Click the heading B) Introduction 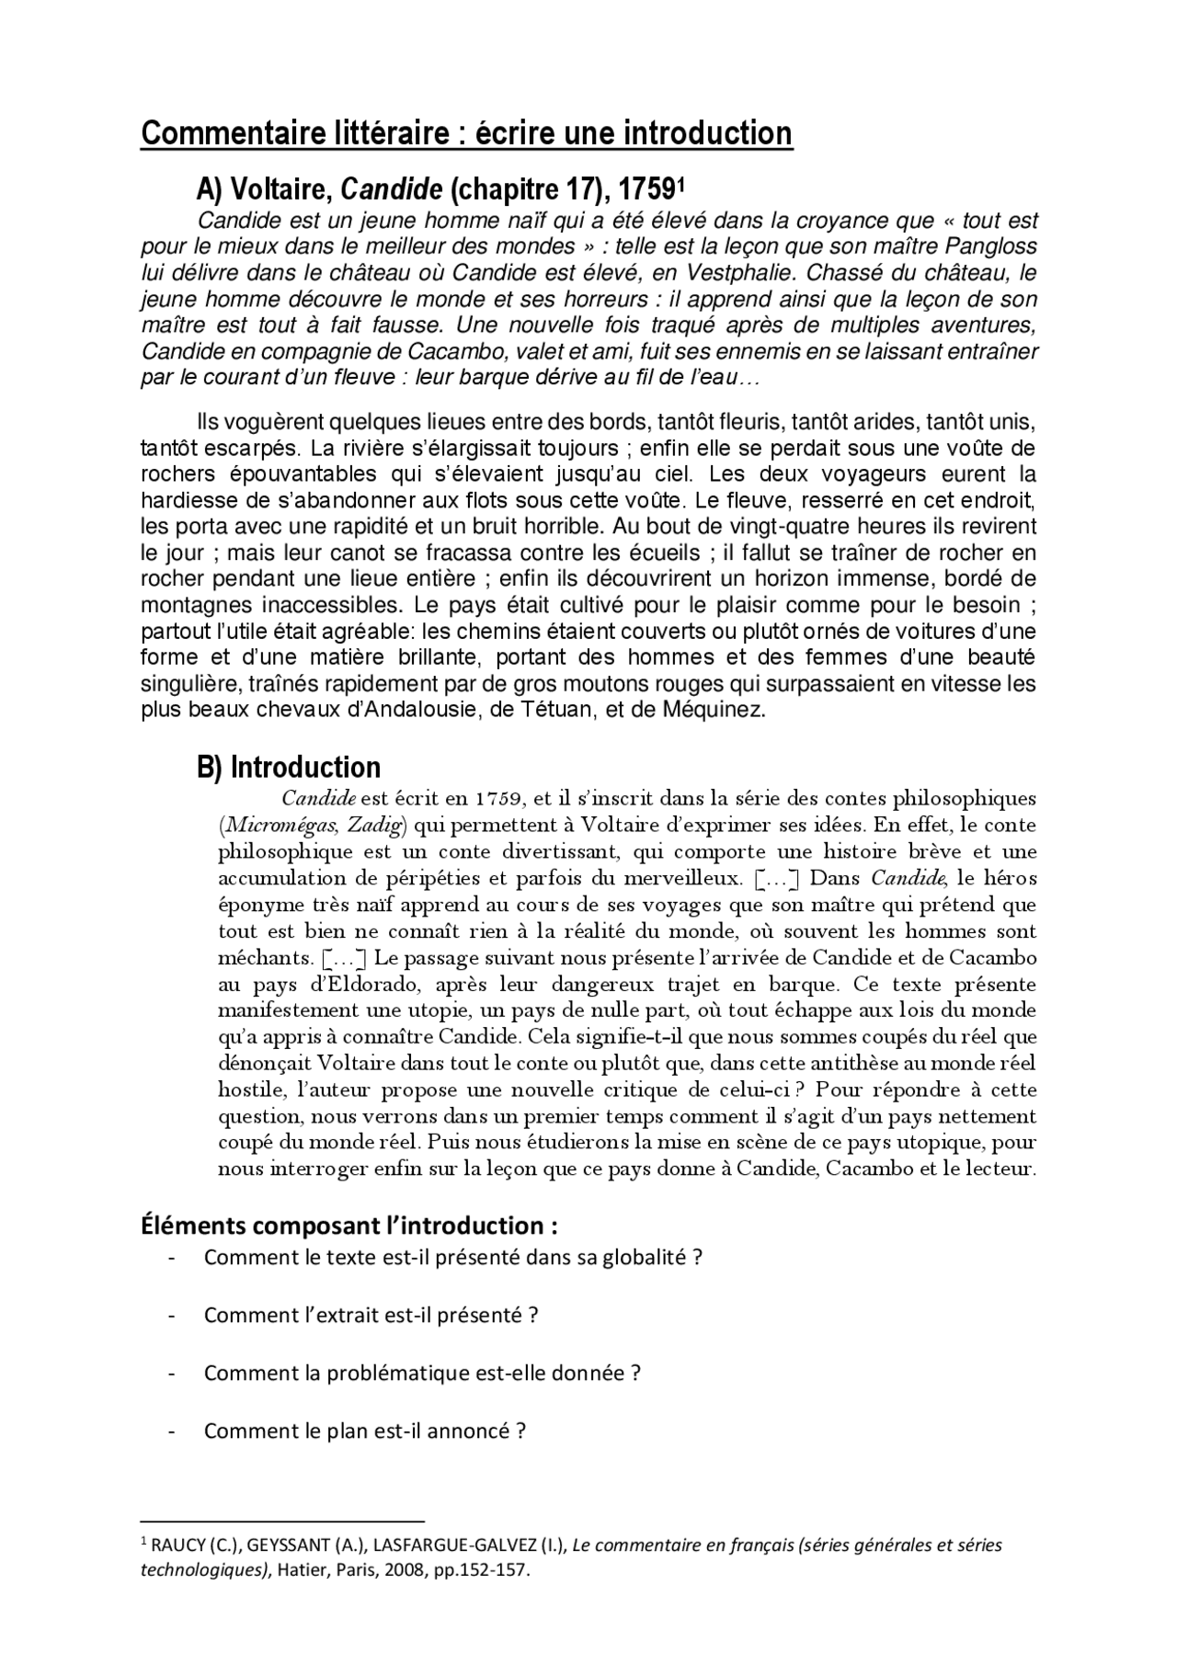click(289, 767)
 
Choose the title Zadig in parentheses click(376, 825)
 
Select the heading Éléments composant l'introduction click(349, 1226)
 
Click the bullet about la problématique click(421, 1373)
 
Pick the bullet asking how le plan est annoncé click(364, 1431)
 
